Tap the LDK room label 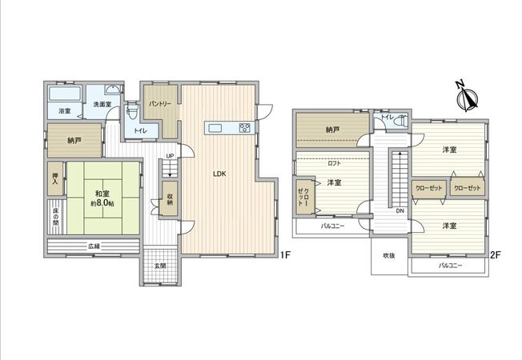(218, 173)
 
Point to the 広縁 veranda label (94, 246)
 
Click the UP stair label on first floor (170, 156)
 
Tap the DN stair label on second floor (399, 211)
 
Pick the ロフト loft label (335, 163)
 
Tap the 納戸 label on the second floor (333, 130)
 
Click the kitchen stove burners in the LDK (243, 127)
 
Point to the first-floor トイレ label (140, 130)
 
